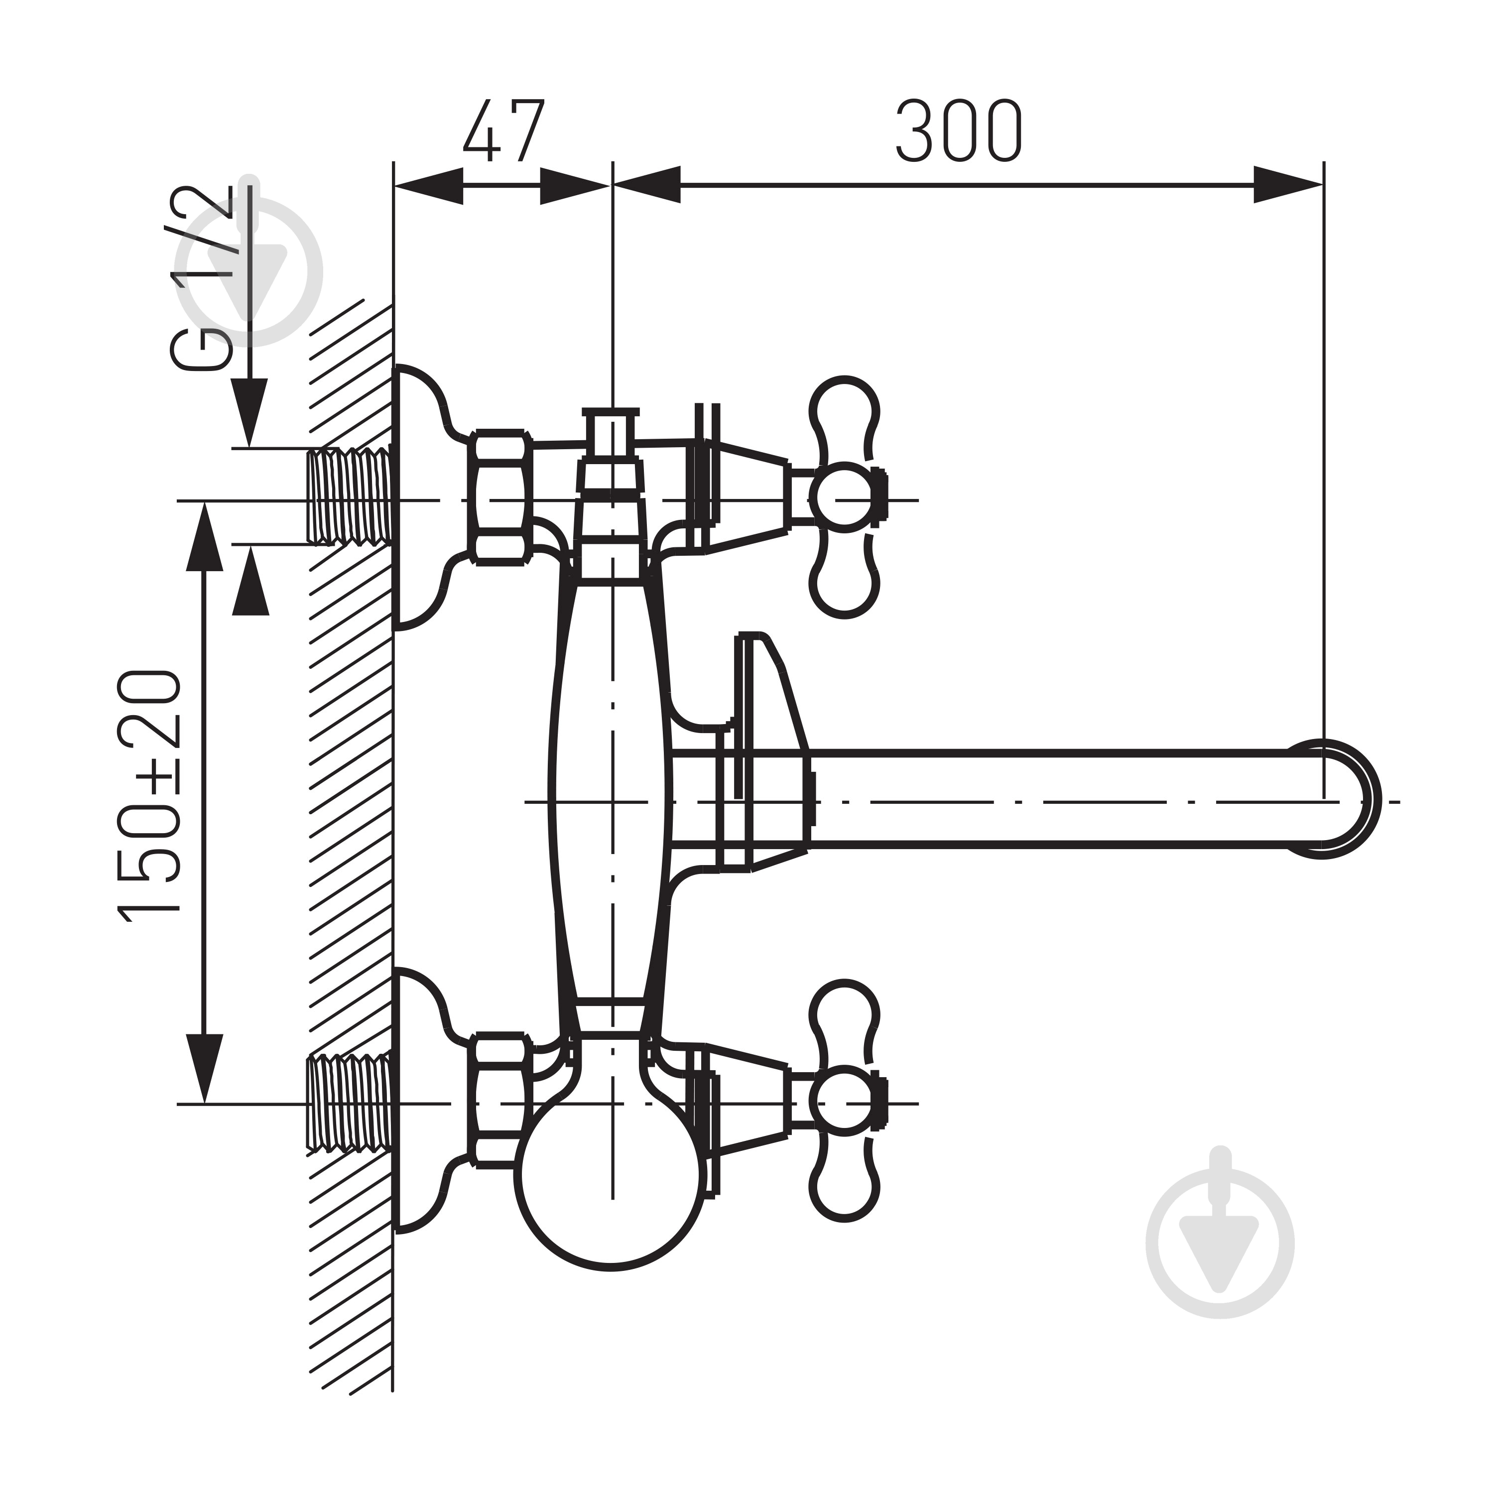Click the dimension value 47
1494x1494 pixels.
point(504,130)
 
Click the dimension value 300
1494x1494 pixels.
point(959,130)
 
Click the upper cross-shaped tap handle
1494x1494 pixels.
point(845,497)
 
